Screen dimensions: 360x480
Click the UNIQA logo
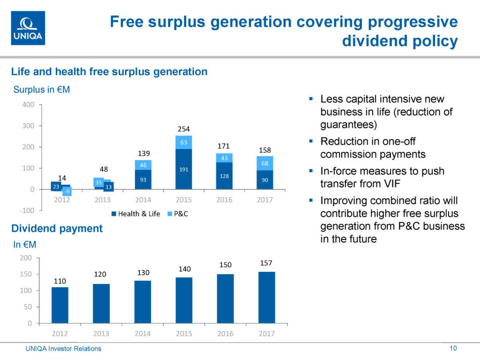click(28, 28)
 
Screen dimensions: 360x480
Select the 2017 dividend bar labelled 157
click(266, 297)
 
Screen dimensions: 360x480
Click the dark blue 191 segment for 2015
click(184, 169)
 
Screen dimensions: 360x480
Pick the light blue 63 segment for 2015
click(184, 142)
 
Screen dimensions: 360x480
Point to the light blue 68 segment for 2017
click(265, 163)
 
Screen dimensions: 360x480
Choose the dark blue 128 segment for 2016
click(224, 176)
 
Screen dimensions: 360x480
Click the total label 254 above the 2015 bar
click(184, 129)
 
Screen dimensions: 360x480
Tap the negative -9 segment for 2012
click(67, 192)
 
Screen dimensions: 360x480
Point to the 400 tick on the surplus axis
click(28, 105)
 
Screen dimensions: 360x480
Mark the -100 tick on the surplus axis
click(26, 210)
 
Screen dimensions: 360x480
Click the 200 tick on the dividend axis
click(27, 258)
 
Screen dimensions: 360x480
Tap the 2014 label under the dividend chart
click(142, 334)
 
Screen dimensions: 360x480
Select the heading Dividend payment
click(57, 228)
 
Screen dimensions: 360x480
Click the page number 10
click(453, 348)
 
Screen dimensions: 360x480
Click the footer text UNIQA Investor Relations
click(63, 348)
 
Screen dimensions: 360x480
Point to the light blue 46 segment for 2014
click(143, 165)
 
